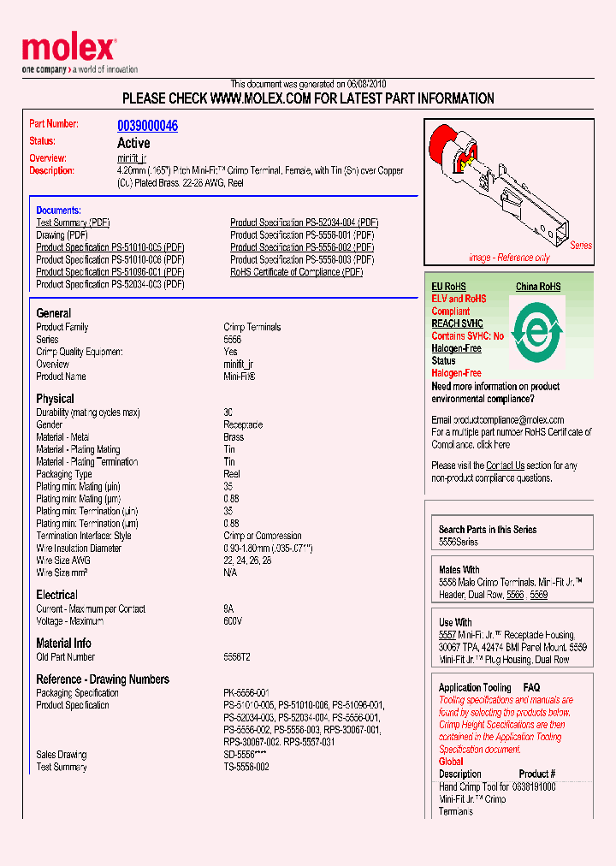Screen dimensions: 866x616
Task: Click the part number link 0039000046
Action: coord(147,126)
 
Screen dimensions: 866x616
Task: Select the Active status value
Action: coord(133,143)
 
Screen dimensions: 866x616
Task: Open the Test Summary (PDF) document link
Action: coord(73,222)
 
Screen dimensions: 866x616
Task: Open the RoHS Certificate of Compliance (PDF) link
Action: coord(296,272)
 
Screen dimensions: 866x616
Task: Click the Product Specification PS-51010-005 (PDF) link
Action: coord(110,247)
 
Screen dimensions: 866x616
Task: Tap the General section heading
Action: coord(53,313)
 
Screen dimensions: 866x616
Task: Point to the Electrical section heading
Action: coord(56,595)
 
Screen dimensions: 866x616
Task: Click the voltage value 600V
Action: coord(233,621)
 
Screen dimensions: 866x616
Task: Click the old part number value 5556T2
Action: coord(237,657)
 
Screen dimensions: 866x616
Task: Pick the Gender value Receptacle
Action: coord(243,425)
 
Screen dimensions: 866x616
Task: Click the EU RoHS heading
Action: coord(448,287)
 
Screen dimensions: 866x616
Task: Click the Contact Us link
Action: coord(505,466)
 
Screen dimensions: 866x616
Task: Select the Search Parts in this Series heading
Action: coord(487,530)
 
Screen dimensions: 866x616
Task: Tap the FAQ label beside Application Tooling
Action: coord(531,687)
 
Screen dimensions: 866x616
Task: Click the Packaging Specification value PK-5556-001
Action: coord(246,693)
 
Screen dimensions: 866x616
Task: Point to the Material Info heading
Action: coord(63,643)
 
